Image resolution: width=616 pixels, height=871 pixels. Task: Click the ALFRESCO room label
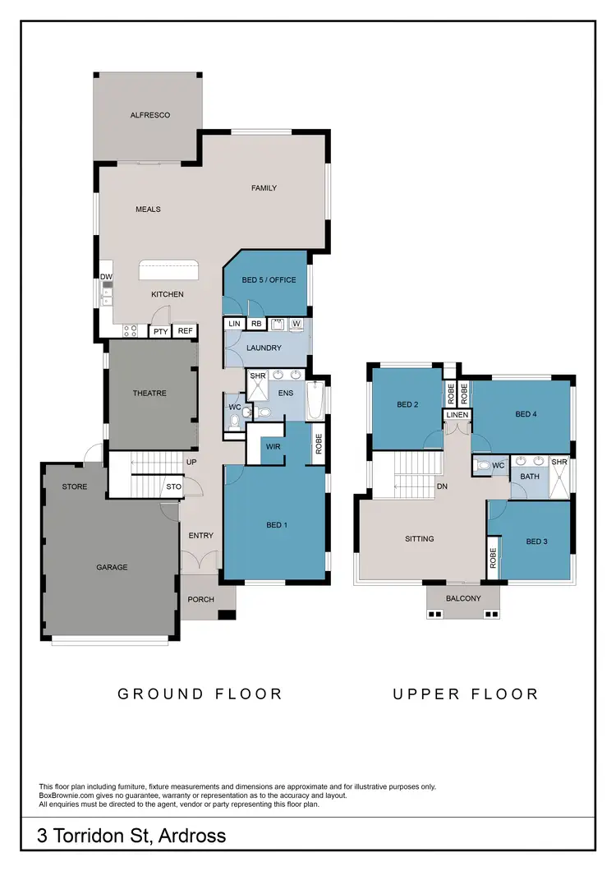(149, 115)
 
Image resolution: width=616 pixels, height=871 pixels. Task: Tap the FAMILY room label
(264, 188)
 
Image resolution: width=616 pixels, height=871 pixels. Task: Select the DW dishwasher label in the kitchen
(106, 277)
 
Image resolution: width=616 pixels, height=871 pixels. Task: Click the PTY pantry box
(160, 331)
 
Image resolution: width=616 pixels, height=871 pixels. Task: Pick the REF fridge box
(185, 331)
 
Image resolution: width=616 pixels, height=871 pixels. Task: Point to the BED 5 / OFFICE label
(268, 280)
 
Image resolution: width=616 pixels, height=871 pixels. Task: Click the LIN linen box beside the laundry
(234, 324)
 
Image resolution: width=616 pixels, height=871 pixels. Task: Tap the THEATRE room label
(149, 393)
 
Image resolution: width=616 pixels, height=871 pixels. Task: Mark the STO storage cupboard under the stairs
(173, 487)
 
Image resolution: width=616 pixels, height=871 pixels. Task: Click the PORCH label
(200, 600)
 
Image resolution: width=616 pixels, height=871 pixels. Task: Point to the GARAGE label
(112, 567)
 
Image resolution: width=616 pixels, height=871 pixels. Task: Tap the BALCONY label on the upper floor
(463, 598)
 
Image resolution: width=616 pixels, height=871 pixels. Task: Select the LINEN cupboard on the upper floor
(457, 415)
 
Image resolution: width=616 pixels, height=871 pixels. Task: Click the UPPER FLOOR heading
(465, 694)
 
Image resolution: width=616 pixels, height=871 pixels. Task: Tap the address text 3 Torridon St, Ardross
(131, 836)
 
